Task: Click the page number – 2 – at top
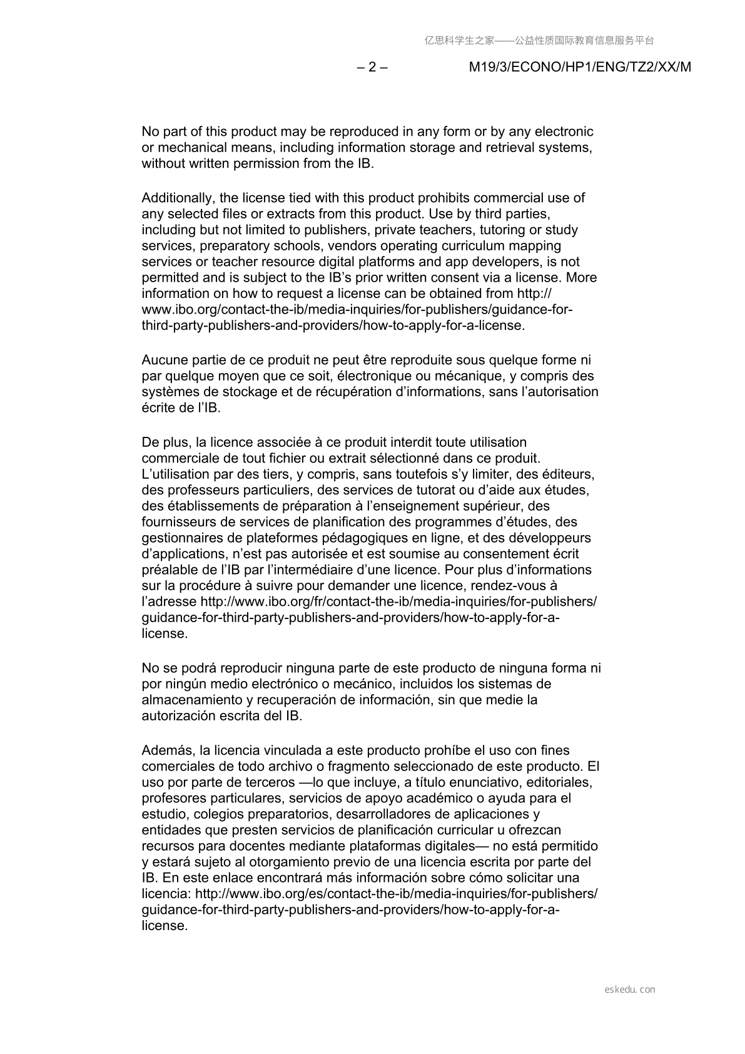click(x=372, y=68)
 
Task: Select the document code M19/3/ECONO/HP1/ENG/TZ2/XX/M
click(x=580, y=68)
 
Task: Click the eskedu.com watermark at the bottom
click(x=630, y=990)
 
